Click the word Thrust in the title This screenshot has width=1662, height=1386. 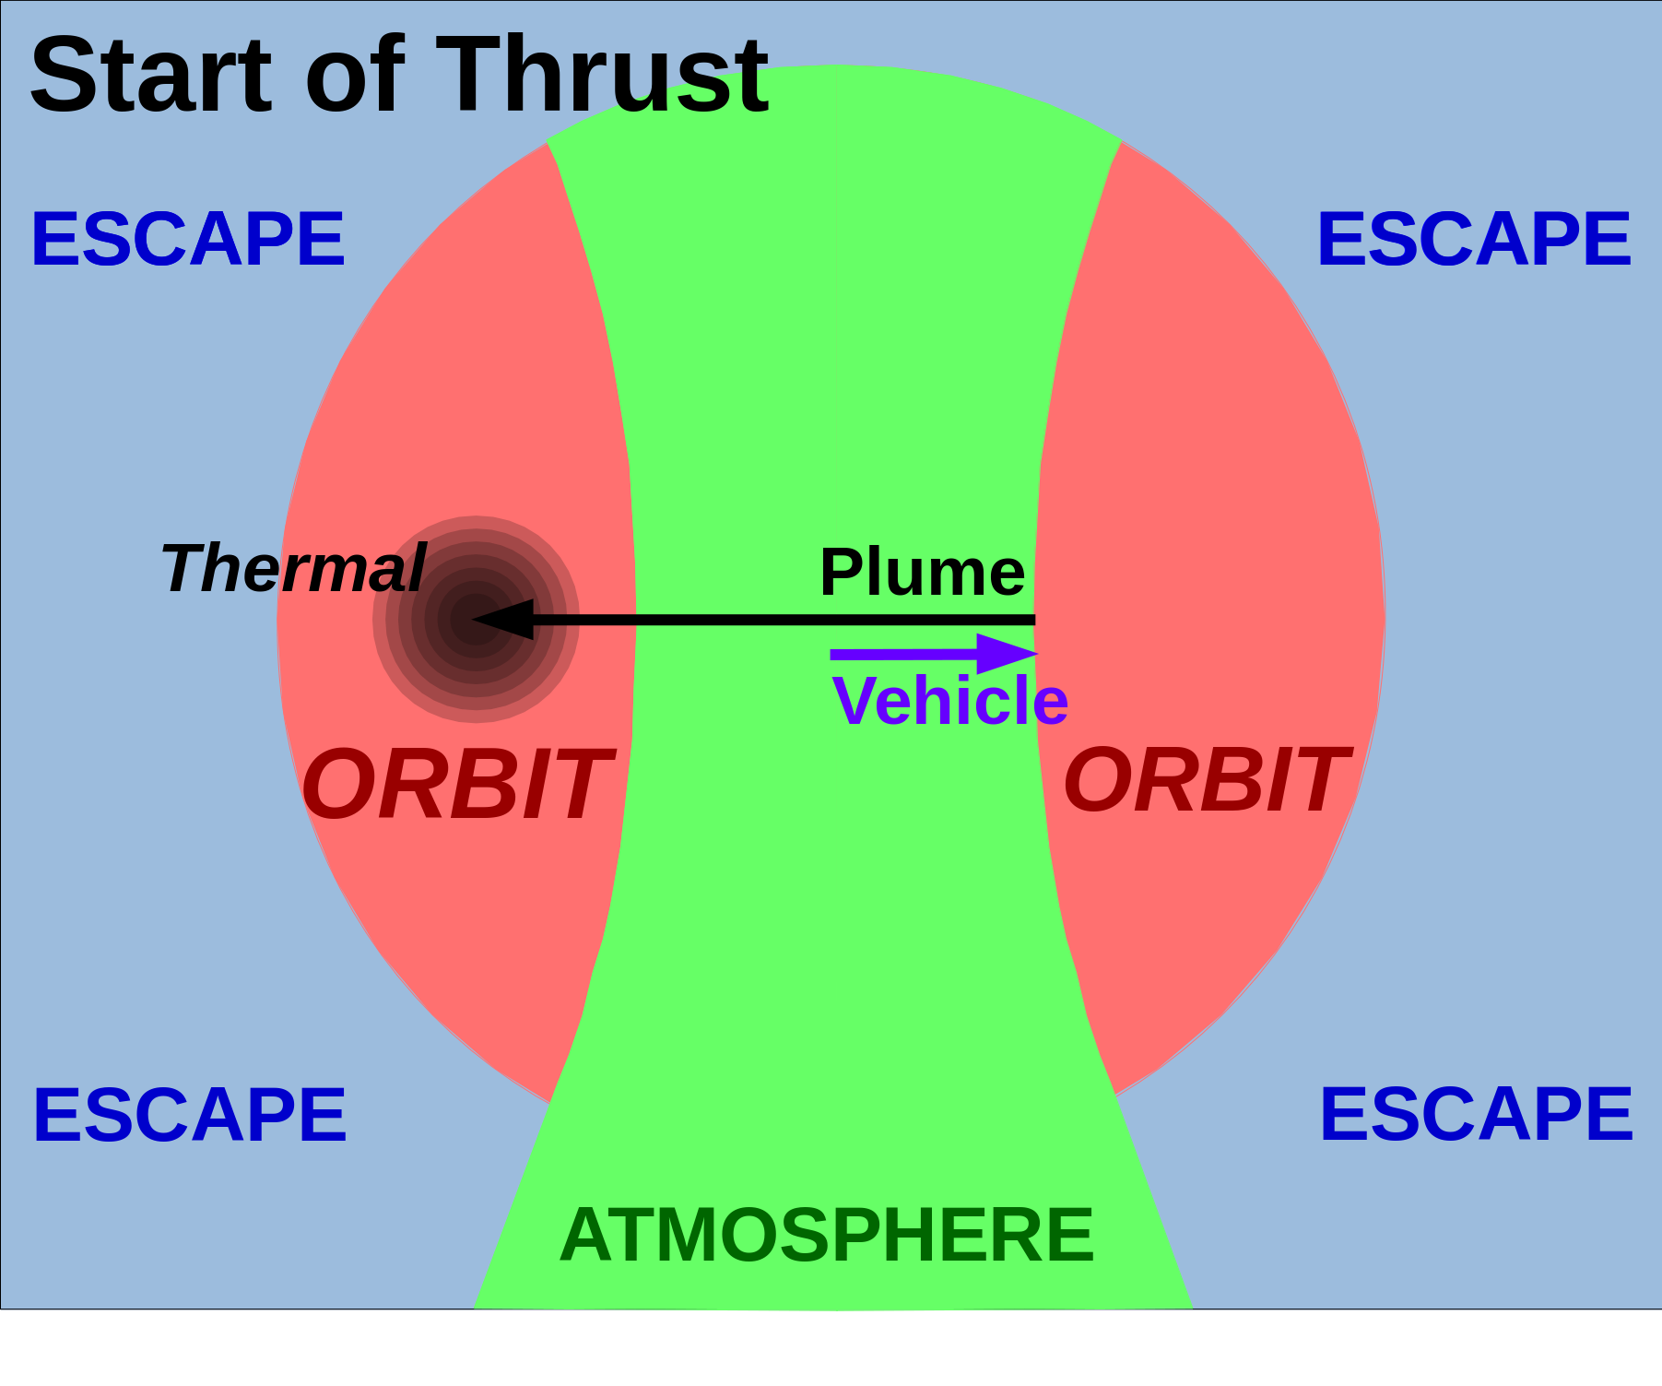point(602,76)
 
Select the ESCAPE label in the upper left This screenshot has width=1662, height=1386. point(188,240)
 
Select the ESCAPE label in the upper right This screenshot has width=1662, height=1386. point(1474,240)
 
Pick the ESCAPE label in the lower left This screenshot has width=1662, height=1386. point(190,1115)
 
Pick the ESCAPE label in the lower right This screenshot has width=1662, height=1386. point(1476,1114)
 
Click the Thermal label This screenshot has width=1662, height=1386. point(293,569)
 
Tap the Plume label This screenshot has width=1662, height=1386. point(922,573)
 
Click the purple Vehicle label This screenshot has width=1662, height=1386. point(949,701)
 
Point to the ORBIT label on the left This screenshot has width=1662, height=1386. point(456,785)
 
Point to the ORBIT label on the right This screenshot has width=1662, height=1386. point(1206,780)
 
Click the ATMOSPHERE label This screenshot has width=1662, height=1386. point(827,1236)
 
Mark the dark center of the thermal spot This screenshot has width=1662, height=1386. point(476,620)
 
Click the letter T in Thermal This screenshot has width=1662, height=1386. point(181,568)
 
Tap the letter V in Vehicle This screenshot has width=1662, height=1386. point(854,701)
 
